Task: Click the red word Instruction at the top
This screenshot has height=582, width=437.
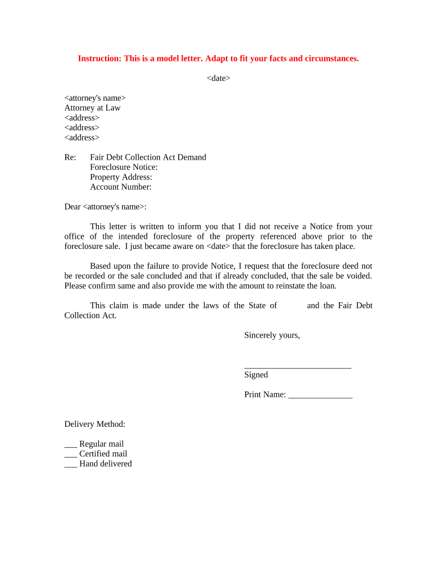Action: [x=98, y=59]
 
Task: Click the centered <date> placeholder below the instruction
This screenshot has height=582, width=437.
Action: [x=218, y=78]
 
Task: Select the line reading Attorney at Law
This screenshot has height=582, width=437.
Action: [x=93, y=108]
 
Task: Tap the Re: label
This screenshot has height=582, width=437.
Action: [x=70, y=157]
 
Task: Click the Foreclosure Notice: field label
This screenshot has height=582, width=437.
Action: [x=124, y=167]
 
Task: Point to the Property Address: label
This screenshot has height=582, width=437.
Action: [x=121, y=177]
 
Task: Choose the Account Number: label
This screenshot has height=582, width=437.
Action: [x=121, y=187]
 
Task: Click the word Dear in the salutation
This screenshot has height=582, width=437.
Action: [x=73, y=207]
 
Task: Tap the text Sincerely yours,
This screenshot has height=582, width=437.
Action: [x=272, y=335]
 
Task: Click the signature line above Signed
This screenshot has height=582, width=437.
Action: [x=297, y=367]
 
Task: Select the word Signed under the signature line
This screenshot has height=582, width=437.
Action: [x=256, y=375]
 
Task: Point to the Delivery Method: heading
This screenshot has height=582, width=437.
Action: [x=95, y=424]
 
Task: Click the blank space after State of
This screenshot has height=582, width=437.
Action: [x=292, y=306]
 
